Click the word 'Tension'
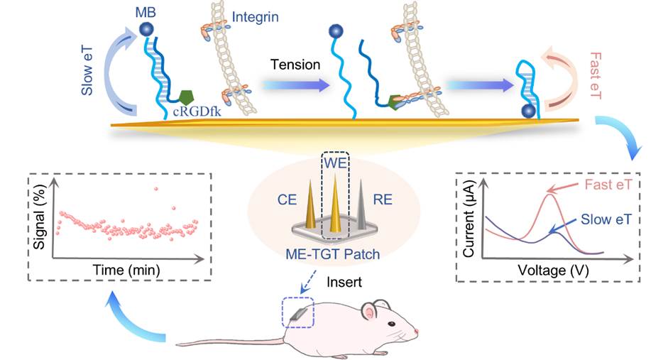tap(294, 65)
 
